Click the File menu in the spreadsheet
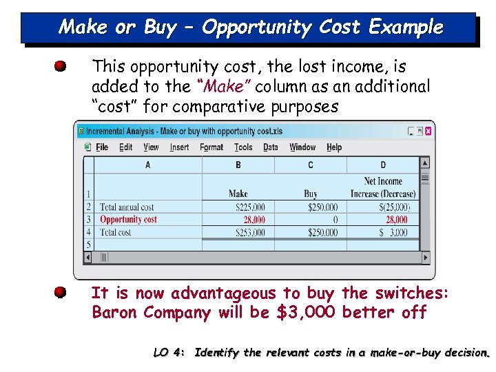(102, 147)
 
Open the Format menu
(211, 147)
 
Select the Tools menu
(243, 147)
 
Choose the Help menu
(334, 147)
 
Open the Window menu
(302, 147)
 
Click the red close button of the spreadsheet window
(428, 131)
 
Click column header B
(238, 165)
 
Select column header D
(383, 165)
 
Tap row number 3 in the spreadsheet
(88, 220)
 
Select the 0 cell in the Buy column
(335, 220)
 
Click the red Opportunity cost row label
(129, 220)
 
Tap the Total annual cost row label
(127, 207)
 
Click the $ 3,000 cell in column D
(393, 233)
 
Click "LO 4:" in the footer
(169, 353)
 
